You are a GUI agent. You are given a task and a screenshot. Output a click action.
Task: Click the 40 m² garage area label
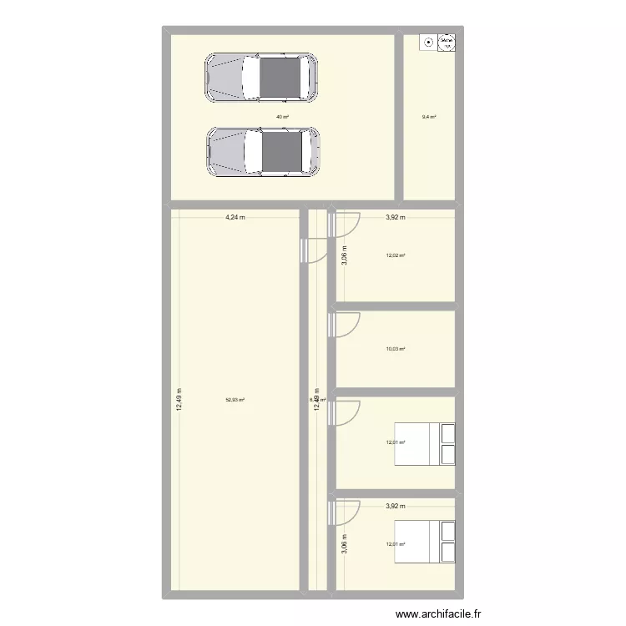(x=282, y=117)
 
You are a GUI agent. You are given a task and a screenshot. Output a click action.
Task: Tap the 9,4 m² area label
(x=429, y=117)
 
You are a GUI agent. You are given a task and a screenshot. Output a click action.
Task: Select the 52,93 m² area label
(x=235, y=400)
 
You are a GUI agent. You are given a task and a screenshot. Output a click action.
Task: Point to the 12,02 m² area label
(x=396, y=256)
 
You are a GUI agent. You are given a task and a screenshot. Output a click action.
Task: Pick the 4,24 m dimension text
(x=235, y=218)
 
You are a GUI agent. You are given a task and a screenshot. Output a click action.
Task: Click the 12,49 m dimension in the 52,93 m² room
(x=179, y=400)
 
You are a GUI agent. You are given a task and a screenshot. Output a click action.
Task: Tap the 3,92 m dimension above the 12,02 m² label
(x=395, y=218)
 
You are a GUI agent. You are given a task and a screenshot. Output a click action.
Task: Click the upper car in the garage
(x=262, y=78)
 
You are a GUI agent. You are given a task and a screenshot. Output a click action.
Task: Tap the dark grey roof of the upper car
(x=280, y=78)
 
